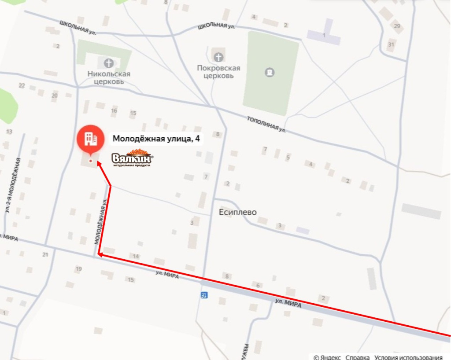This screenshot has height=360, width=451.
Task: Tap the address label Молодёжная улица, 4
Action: (156, 139)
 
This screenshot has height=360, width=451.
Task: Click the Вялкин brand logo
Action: (133, 159)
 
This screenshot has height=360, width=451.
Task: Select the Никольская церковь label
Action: (109, 77)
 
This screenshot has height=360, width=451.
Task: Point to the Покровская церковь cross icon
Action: (218, 57)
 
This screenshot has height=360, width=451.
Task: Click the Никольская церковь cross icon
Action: (108, 63)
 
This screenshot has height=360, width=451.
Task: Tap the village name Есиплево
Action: (237, 212)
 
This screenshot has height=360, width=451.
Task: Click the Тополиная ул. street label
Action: (266, 124)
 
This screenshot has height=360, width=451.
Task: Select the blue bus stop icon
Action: (203, 294)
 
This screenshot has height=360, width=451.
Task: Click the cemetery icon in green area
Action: (270, 72)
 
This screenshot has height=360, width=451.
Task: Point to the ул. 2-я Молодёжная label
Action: (13, 185)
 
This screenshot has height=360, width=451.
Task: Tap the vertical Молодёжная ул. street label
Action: (101, 221)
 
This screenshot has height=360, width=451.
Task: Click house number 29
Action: (397, 26)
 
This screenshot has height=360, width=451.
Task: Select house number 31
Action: (391, 44)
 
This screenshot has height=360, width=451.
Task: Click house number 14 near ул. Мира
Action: (136, 256)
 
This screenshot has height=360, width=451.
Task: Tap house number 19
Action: (79, 268)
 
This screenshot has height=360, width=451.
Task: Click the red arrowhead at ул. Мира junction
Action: (100, 254)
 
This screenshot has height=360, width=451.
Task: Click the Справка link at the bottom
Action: (358, 357)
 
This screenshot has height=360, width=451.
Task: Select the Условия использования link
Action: (408, 357)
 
